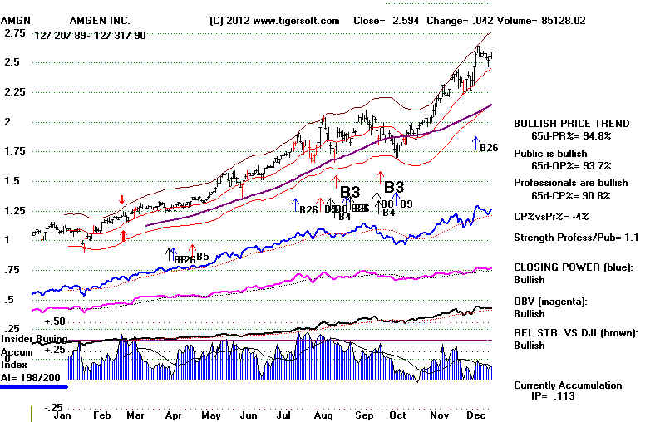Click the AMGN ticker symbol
pyautogui.click(x=17, y=21)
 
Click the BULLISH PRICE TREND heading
pyautogui.click(x=572, y=123)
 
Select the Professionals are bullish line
pyautogui.click(x=570, y=183)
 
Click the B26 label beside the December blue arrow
pyautogui.click(x=489, y=147)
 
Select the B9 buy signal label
pyautogui.click(x=406, y=204)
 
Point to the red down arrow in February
pyautogui.click(x=122, y=200)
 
